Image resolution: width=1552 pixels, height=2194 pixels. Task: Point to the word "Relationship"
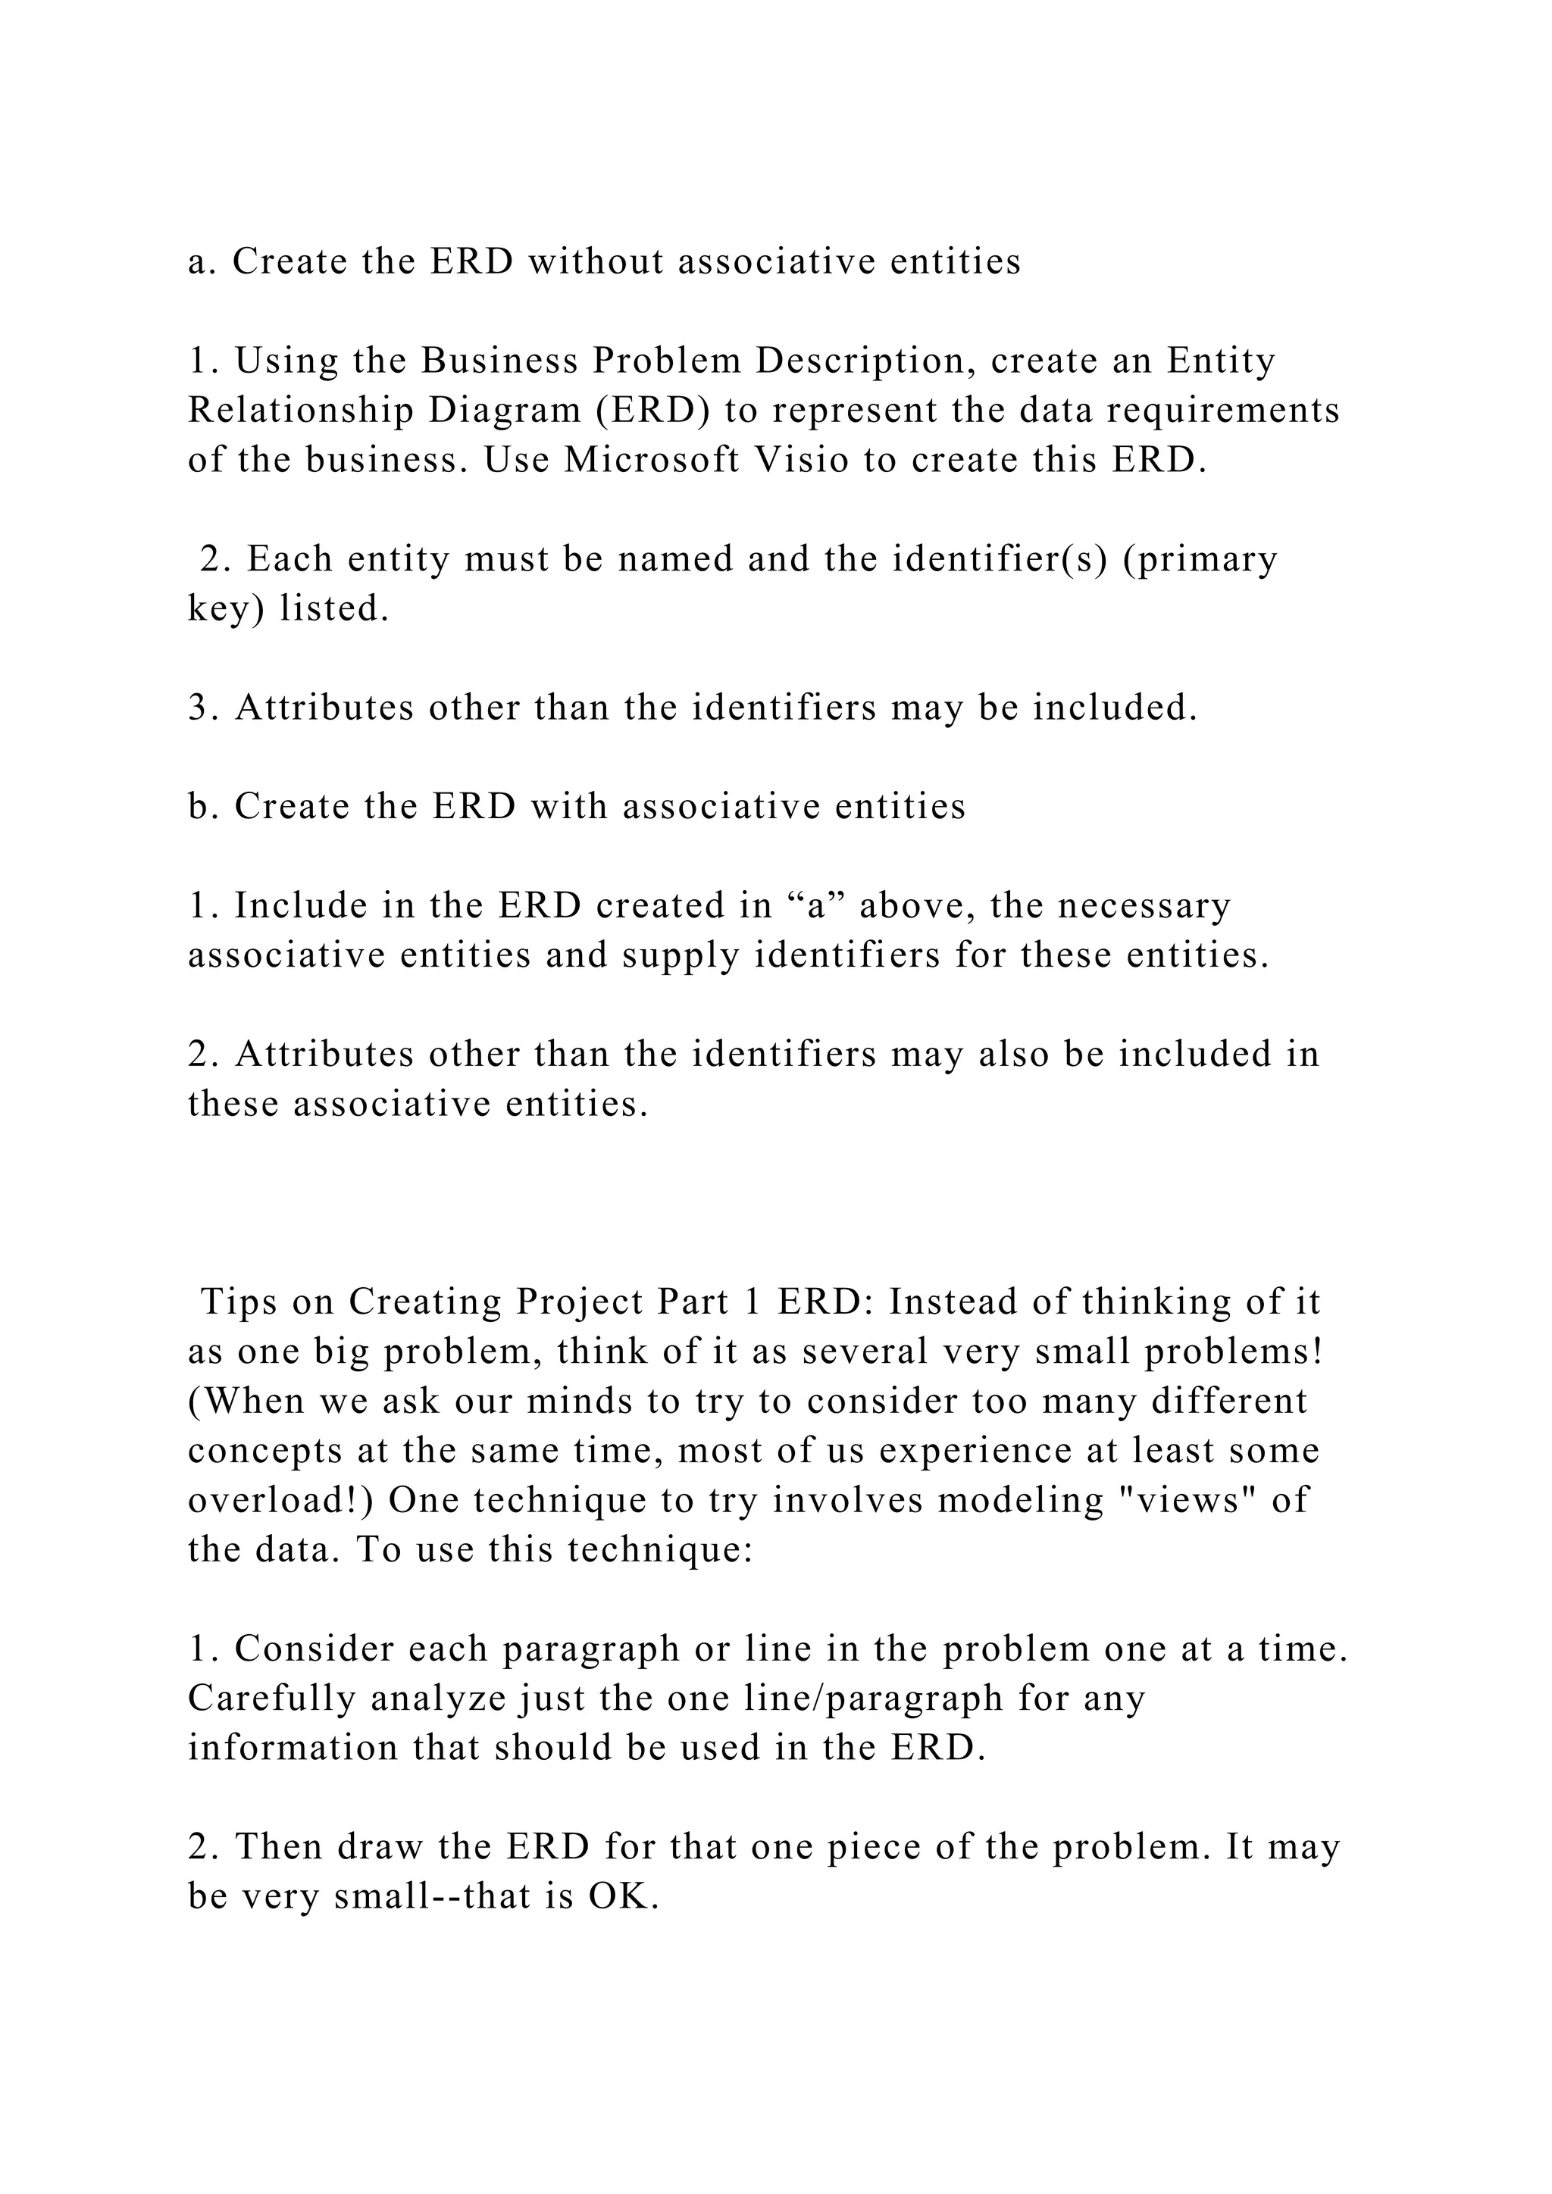point(301,410)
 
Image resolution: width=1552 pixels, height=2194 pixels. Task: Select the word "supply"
point(681,955)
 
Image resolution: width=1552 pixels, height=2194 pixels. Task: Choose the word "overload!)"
point(282,1500)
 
